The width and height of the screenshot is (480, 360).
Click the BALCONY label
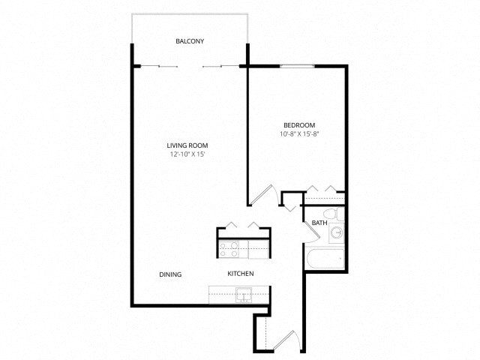coord(190,41)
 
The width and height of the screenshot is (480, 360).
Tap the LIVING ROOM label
coord(187,145)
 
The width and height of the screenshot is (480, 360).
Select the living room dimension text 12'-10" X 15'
coord(187,154)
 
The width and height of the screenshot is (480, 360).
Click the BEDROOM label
coord(299,125)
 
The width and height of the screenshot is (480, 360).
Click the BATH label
coord(319,223)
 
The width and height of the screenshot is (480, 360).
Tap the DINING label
coord(170,274)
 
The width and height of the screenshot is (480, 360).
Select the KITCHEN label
coord(241,274)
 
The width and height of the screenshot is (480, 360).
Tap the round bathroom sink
coord(337,233)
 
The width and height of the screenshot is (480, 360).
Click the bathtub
coord(325,259)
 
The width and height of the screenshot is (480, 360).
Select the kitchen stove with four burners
coord(229,250)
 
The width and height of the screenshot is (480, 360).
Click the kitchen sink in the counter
coord(244,295)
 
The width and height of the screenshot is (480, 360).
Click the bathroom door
coord(312,230)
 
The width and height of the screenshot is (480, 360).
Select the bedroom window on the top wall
coord(297,66)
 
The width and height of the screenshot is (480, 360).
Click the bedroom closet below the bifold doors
coord(325,199)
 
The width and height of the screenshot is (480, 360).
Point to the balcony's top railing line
coord(190,13)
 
